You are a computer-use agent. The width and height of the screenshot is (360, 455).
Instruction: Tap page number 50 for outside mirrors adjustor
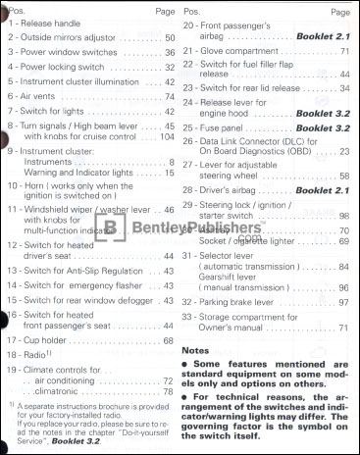[x=170, y=39]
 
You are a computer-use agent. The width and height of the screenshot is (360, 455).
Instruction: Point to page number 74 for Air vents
[x=170, y=97]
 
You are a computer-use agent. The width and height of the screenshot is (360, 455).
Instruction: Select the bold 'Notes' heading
[x=200, y=350]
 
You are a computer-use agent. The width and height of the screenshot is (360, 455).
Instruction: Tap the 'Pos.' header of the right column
[x=191, y=9]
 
